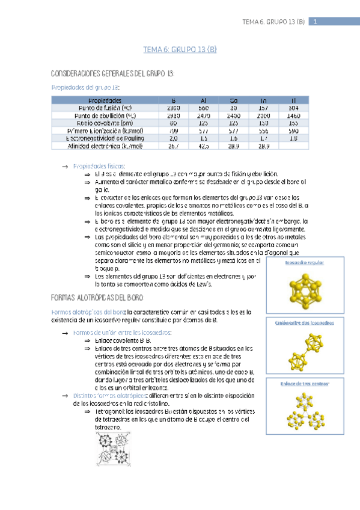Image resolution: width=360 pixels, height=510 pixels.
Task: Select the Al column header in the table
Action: click(204, 100)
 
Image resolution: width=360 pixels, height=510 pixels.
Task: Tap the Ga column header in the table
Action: click(234, 100)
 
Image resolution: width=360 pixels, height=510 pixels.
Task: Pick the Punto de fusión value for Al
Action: click(204, 107)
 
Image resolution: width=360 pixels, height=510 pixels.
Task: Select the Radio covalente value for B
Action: click(174, 122)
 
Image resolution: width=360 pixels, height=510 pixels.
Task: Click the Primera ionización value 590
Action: click(293, 130)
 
